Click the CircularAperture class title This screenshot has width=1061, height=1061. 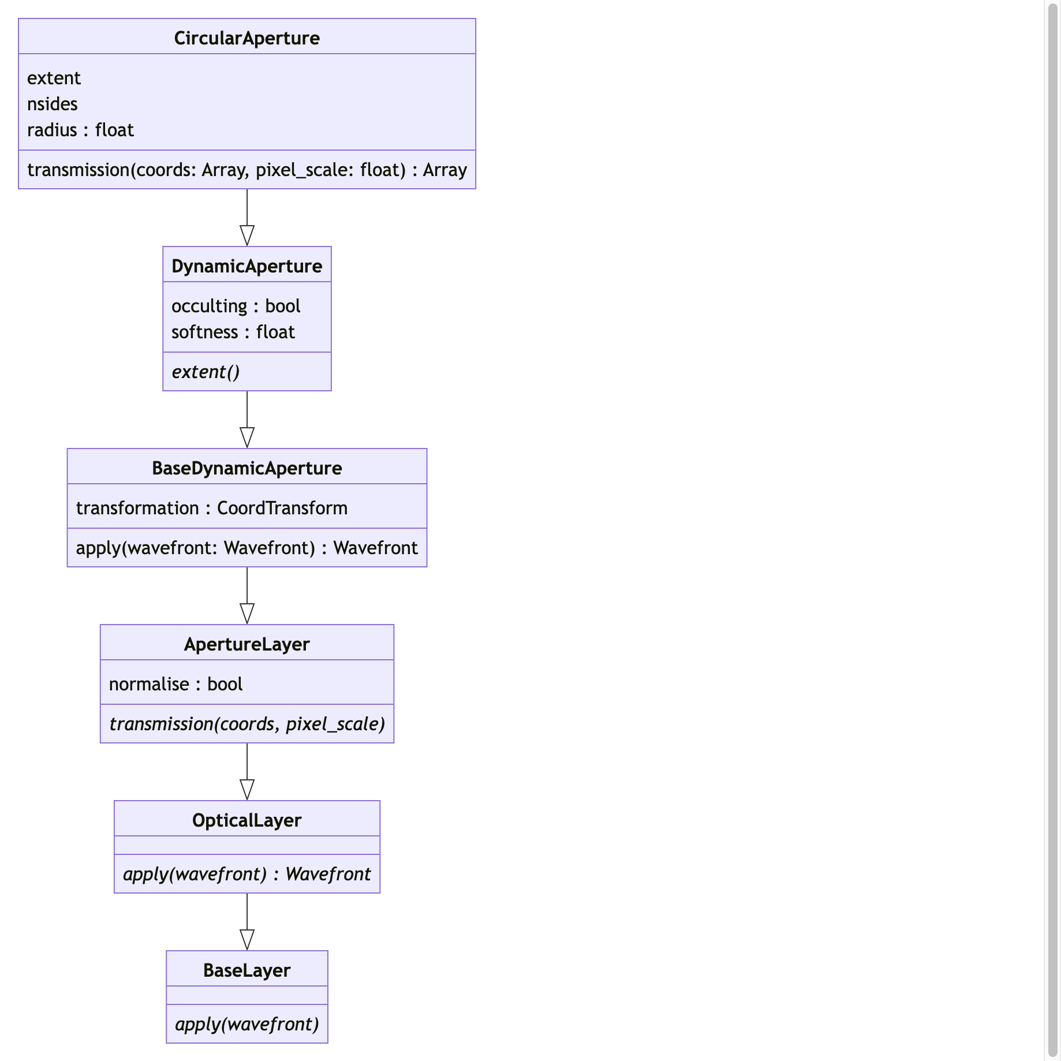tap(246, 38)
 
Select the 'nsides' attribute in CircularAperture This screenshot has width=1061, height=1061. tap(53, 104)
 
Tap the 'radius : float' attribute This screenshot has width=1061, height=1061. tap(80, 130)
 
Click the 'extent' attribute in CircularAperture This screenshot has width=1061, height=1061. tap(54, 78)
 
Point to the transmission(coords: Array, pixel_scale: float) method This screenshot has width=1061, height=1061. tap(246, 170)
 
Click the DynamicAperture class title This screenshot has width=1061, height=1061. tap(246, 266)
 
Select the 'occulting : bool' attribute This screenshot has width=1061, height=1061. tap(236, 306)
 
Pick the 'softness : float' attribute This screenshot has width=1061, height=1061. tap(233, 332)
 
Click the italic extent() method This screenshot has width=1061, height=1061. tap(206, 372)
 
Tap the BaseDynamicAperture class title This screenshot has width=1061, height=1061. tap(246, 468)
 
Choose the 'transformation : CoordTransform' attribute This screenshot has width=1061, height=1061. tap(211, 508)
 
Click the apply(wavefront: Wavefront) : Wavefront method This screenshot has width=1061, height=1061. tap(246, 548)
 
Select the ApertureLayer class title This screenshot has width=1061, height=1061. tap(246, 644)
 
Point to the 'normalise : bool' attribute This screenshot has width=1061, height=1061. tap(175, 684)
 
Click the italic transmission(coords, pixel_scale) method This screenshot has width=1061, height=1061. tap(246, 724)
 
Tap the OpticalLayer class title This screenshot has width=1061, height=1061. tap(246, 820)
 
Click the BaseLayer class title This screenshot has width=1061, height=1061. tap(246, 970)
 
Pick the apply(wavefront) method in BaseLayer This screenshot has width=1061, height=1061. tap(246, 1024)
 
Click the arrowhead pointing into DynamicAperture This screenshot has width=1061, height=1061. tap(247, 236)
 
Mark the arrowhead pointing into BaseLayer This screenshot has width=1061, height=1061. tap(247, 940)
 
